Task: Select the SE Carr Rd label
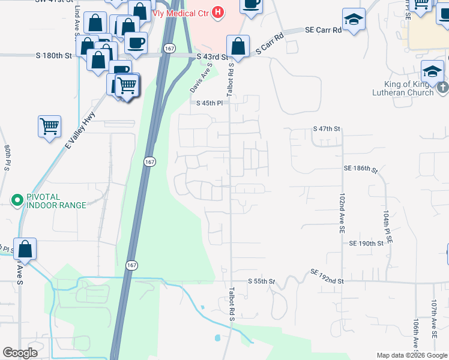(323, 29)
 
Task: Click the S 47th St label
(327, 129)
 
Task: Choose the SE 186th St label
(361, 170)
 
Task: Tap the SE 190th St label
(366, 244)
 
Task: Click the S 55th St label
(262, 281)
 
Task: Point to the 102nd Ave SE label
(341, 212)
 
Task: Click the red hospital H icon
(218, 11)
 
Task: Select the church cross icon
(443, 88)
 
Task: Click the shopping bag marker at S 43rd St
(238, 46)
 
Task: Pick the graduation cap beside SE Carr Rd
(354, 19)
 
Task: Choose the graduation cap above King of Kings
(432, 71)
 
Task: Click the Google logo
(20, 353)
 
